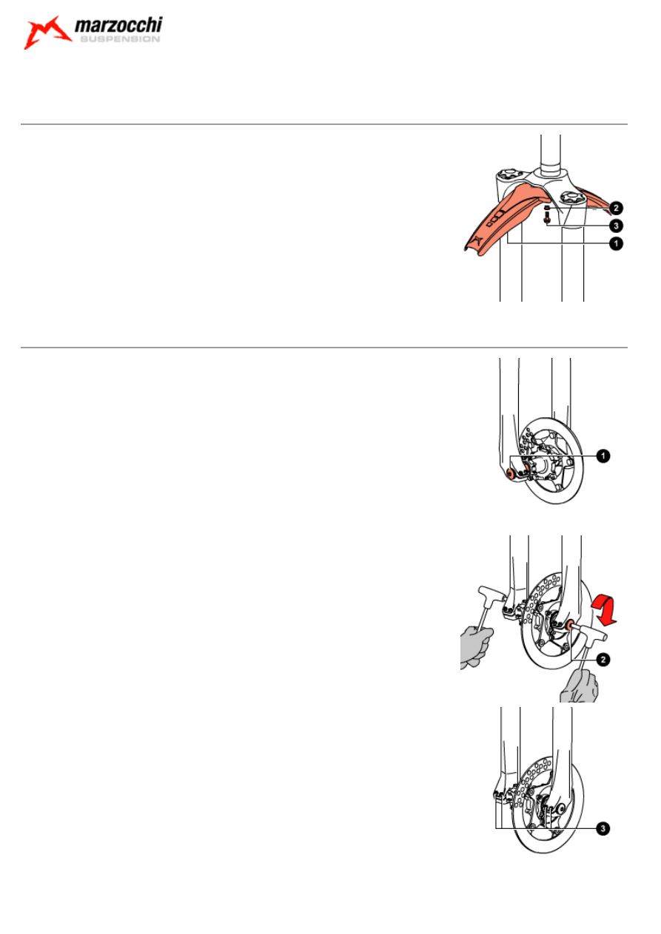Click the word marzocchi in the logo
[118, 25]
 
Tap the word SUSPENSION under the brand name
[120, 39]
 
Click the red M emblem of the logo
[47, 33]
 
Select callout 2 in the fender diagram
[616, 208]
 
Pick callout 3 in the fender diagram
[616, 226]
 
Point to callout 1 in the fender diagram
[616, 243]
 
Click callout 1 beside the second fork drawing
[603, 456]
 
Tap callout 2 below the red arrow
[603, 660]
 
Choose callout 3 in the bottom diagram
[603, 828]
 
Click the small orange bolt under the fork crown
[547, 217]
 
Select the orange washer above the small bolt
[547, 207]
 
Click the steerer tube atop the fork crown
[551, 155]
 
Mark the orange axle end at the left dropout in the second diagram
[509, 473]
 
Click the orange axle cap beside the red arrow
[568, 626]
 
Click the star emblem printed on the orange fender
[477, 240]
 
